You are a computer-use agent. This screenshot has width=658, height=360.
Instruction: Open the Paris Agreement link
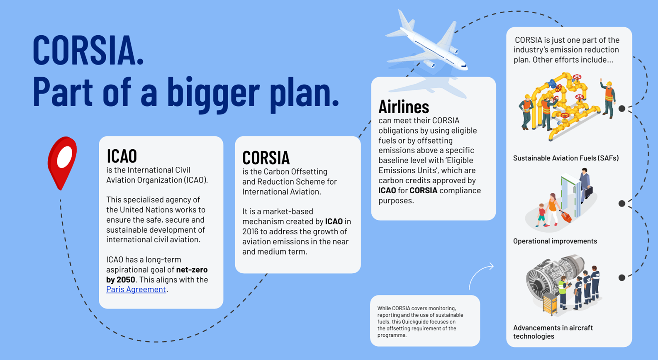tap(136, 289)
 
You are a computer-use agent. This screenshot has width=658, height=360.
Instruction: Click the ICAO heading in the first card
tap(122, 156)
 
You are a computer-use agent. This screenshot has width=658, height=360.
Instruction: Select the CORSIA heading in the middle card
tap(266, 158)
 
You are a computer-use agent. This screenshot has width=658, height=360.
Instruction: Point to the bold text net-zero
tap(192, 270)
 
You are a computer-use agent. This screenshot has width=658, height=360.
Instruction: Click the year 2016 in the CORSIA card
tap(250, 232)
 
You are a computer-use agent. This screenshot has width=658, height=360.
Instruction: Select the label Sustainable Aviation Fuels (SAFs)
tap(566, 158)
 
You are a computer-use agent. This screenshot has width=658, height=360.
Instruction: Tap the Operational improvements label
tap(555, 241)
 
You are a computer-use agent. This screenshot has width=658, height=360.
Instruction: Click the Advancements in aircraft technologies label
tap(553, 332)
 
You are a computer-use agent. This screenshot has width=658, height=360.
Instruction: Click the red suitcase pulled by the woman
tap(566, 216)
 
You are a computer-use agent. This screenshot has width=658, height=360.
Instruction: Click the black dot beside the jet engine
tap(622, 277)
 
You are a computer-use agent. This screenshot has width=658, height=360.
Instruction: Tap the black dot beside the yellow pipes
tap(622, 109)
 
